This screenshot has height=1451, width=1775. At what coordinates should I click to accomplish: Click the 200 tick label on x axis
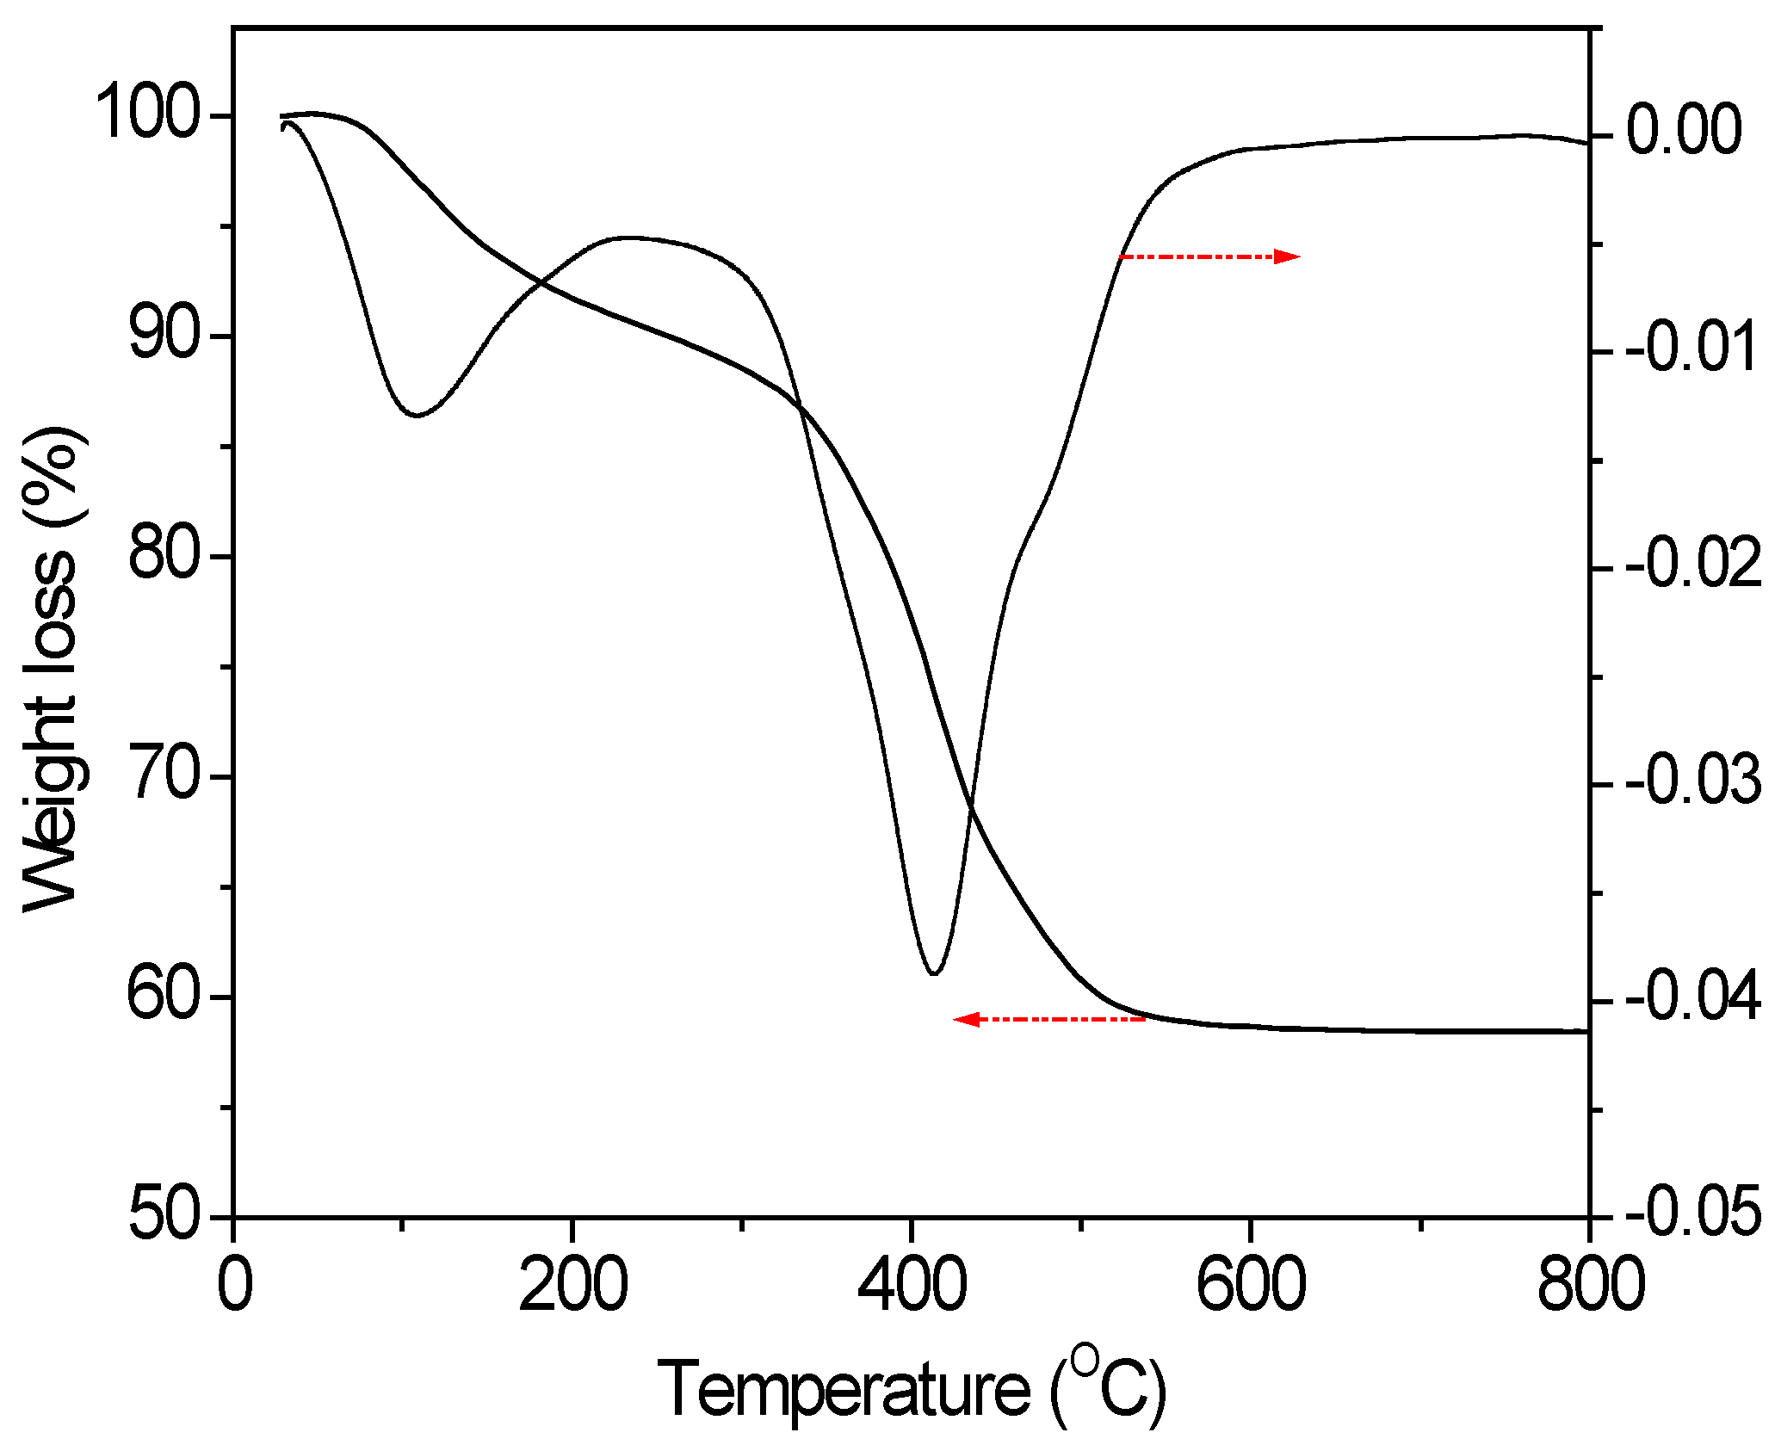[x=572, y=1286]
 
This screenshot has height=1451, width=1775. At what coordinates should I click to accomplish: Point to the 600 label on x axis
[x=1250, y=1286]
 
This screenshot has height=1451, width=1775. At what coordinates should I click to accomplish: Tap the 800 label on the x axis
[x=1589, y=1286]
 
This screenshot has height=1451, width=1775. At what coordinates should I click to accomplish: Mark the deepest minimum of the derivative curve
[x=934, y=973]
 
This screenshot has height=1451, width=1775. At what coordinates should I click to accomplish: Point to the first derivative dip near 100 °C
[x=417, y=416]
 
